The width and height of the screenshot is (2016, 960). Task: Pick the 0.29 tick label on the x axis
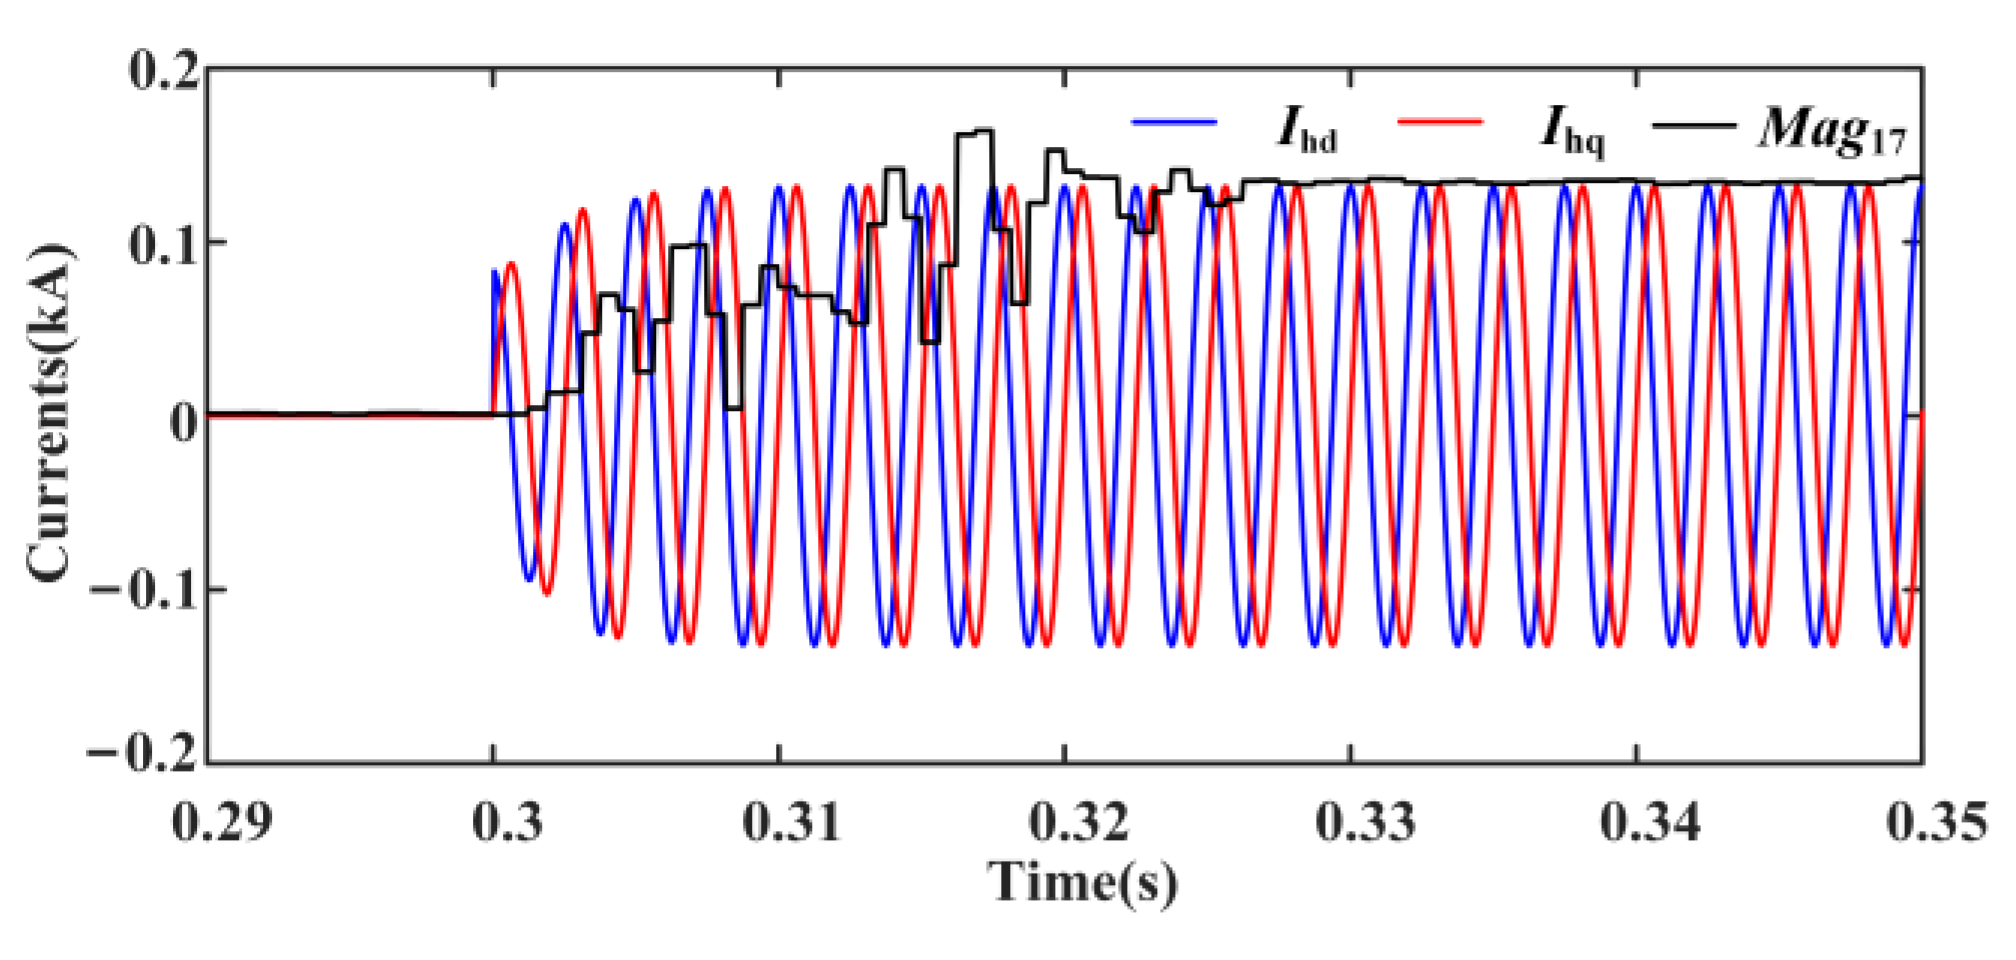coord(222,822)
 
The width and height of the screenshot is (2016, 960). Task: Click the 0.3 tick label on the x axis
coord(508,822)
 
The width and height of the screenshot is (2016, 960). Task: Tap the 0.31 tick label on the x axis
coord(792,822)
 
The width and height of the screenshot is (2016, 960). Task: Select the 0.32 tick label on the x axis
coord(1079,822)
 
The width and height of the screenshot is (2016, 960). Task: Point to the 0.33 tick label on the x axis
coord(1365,822)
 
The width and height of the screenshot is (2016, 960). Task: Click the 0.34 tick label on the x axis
coord(1650,822)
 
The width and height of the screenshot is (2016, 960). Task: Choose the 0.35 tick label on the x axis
coord(1936,822)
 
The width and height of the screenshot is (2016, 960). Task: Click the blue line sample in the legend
coord(1174,122)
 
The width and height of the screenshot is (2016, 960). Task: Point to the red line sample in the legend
coord(1439,122)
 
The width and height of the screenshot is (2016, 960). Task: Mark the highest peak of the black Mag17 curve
coord(976,131)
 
